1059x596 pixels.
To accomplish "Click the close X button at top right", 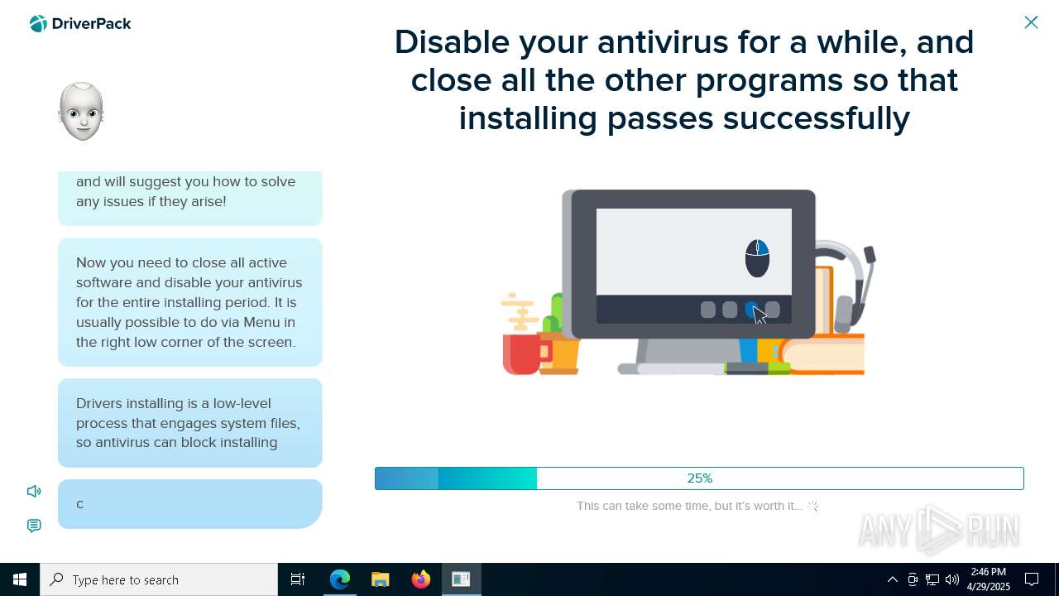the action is (x=1031, y=22).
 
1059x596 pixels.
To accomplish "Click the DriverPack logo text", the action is (x=91, y=24).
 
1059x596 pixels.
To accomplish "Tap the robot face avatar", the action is (x=81, y=111).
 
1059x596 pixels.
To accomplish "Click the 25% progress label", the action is (x=700, y=478).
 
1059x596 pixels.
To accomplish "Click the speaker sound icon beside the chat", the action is (x=34, y=492).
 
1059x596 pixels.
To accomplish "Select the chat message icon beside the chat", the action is (x=34, y=526).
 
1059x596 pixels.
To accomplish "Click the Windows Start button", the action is (x=20, y=579).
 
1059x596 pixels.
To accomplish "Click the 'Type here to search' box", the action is (x=159, y=579).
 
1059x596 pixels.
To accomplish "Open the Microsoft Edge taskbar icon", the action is (x=339, y=579).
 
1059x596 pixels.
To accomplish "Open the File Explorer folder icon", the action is (x=380, y=579).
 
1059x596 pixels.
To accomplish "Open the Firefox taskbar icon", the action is (x=421, y=579).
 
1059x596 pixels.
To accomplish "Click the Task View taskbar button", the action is (x=298, y=579).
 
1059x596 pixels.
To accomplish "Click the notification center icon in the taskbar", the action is (x=1032, y=579).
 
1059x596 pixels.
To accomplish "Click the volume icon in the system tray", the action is (x=952, y=579).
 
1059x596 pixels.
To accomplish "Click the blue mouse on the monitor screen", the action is (x=757, y=258).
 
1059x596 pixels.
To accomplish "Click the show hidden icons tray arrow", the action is (x=893, y=579).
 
